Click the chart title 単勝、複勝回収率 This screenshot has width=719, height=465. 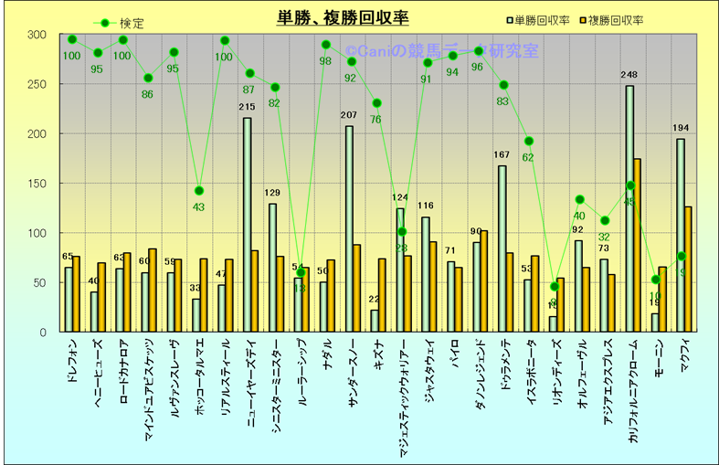tap(343, 17)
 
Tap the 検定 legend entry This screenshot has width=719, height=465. tap(120, 23)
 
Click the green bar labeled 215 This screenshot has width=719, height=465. tap(247, 225)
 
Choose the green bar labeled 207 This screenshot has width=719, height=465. tap(349, 228)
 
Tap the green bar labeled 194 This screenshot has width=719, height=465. tap(681, 235)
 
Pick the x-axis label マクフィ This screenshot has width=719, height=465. tap(686, 354)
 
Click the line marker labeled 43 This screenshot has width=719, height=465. tap(199, 191)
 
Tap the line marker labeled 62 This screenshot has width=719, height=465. tap(529, 141)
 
